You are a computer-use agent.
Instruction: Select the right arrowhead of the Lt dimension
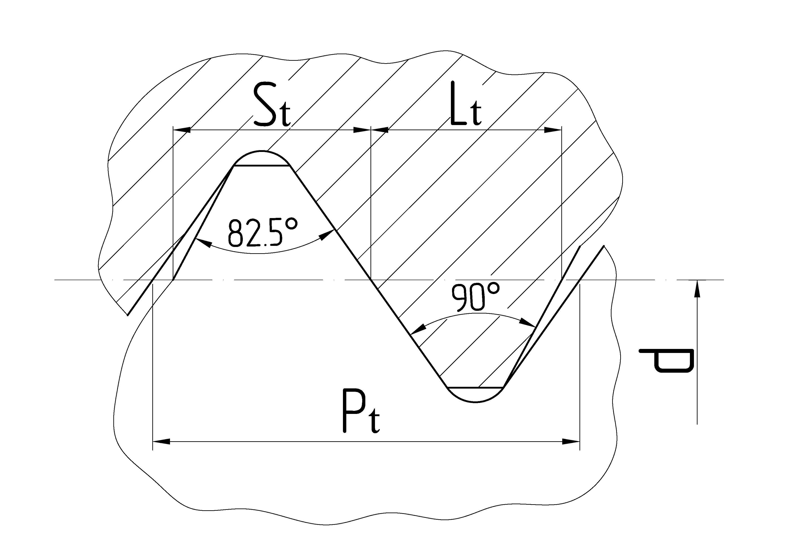pyautogui.click(x=553, y=130)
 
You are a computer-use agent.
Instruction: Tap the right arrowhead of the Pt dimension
pyautogui.click(x=571, y=441)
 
